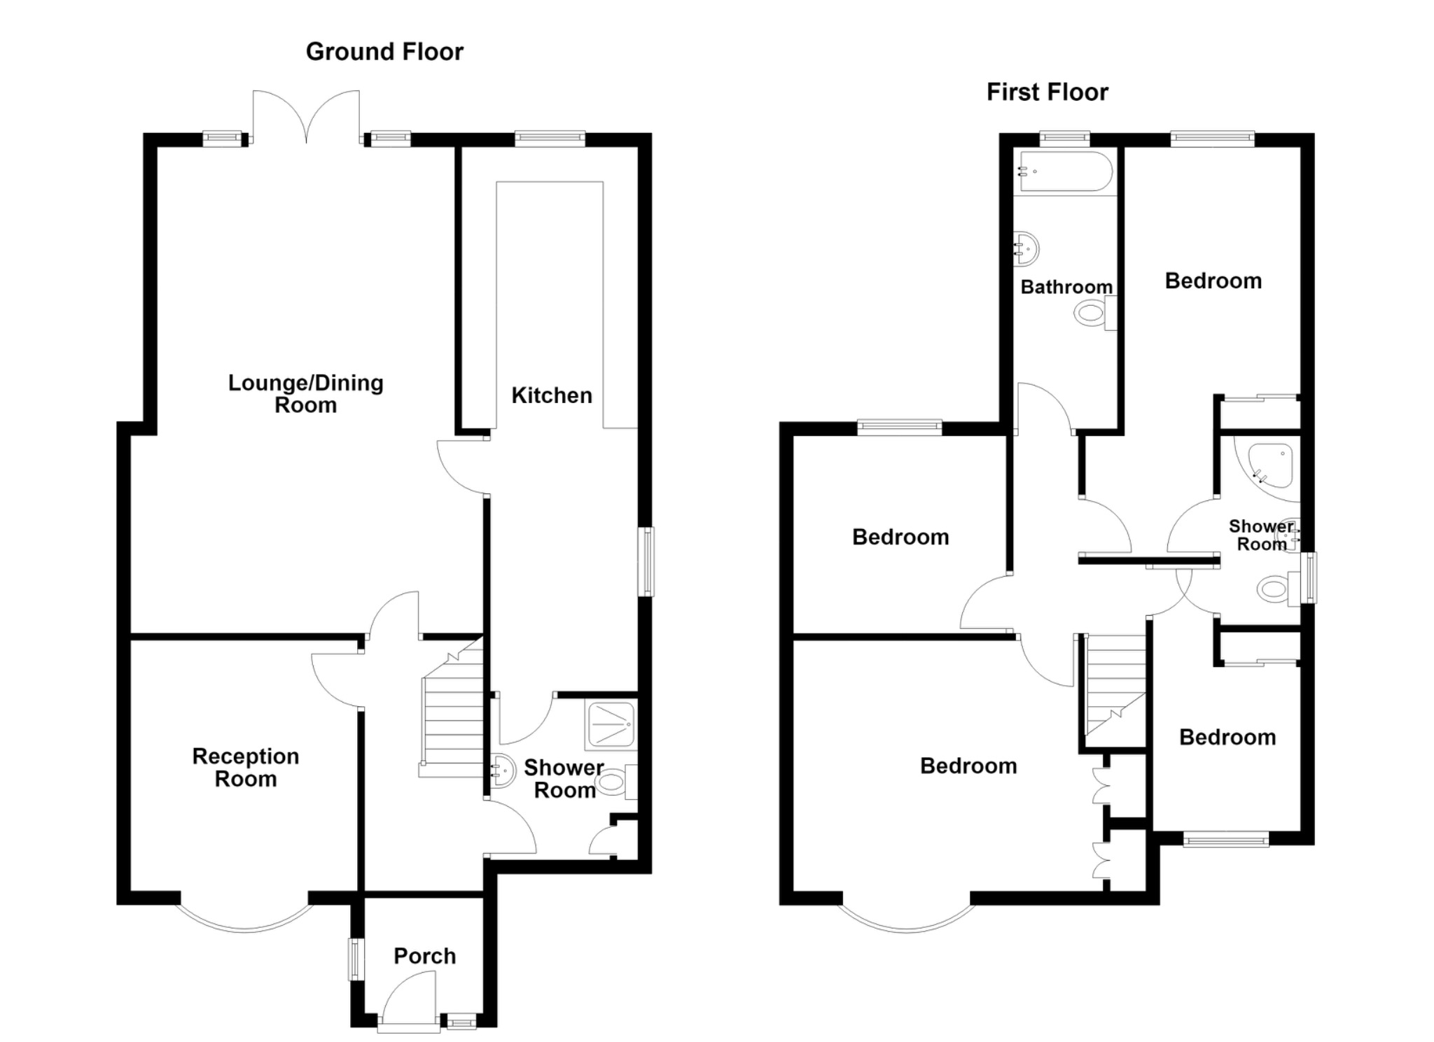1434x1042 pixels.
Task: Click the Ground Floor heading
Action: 384,52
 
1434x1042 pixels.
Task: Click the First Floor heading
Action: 1047,92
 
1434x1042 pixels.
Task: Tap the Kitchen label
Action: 552,395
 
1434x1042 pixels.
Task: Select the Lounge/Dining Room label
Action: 306,394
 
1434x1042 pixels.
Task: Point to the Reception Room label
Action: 246,768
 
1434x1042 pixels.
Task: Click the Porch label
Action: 424,956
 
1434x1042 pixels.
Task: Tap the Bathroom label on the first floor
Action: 1066,287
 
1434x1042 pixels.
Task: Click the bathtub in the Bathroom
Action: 1066,171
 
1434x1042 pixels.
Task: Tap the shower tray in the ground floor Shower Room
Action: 611,724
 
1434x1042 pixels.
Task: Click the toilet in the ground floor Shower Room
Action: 618,782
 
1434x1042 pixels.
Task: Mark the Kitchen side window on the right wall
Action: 646,562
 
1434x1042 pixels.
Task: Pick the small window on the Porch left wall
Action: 357,959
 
